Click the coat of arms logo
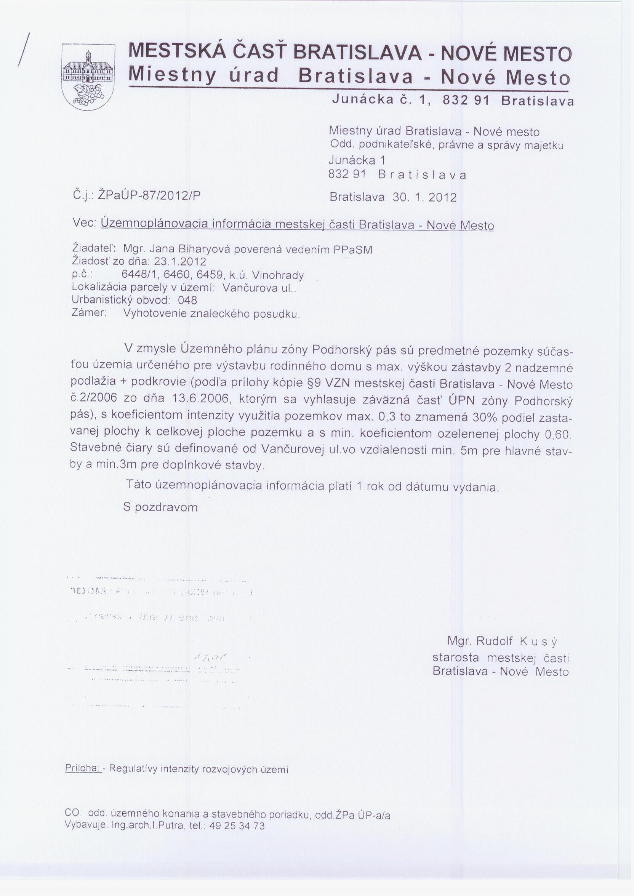pos(88,77)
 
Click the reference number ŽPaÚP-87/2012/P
pos(149,195)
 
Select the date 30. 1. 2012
pos(424,197)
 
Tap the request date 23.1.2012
pos(180,261)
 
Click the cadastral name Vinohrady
pos(278,275)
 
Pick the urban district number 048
pos(187,300)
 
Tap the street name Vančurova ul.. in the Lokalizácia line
pos(259,288)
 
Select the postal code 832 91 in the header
pos(466,101)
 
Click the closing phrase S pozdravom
pos(160,507)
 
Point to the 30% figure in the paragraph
pos(485,417)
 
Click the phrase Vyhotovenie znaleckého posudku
pos(211,314)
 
